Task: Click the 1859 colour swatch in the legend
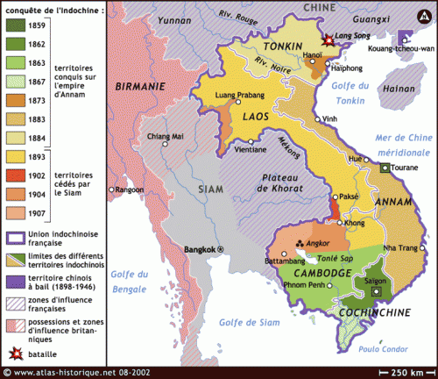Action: tap(16, 26)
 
